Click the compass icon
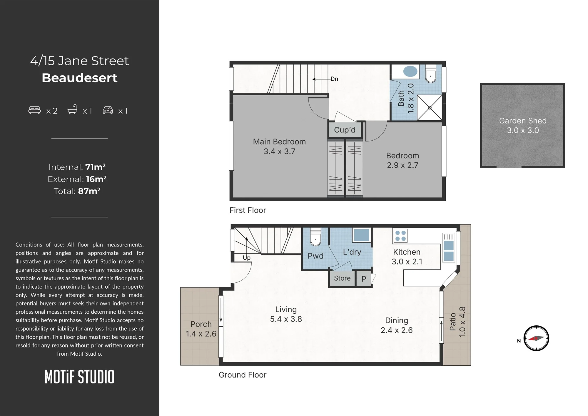(x=536, y=338)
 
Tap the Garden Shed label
(x=523, y=121)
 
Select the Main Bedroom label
(x=279, y=142)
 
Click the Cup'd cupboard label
(x=345, y=130)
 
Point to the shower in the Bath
(x=430, y=107)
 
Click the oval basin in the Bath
(x=410, y=71)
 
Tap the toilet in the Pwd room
(x=315, y=238)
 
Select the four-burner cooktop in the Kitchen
(x=400, y=236)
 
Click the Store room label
(x=342, y=278)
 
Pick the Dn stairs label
(x=334, y=79)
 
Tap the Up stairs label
(x=246, y=258)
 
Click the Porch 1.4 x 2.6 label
(x=201, y=329)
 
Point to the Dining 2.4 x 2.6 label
(x=397, y=325)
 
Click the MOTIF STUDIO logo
(x=79, y=377)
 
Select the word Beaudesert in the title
(x=79, y=78)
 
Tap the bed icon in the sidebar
(x=34, y=110)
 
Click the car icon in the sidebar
(x=108, y=110)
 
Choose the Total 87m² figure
(x=77, y=191)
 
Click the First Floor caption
(x=248, y=210)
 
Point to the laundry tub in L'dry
(x=362, y=235)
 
